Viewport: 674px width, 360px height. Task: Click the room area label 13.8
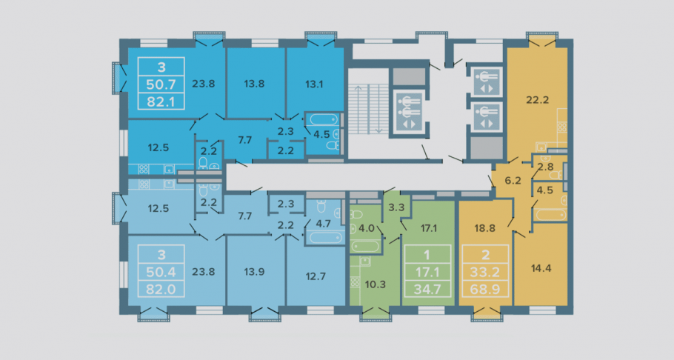(x=254, y=84)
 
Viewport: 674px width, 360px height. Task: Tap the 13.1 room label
(x=314, y=84)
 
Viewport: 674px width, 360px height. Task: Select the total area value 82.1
(x=161, y=101)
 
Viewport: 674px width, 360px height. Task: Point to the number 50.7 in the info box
(x=161, y=84)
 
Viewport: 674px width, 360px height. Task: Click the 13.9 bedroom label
(x=254, y=272)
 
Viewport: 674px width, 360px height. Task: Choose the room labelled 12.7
(x=316, y=276)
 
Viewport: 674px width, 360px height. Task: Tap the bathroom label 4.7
(x=323, y=223)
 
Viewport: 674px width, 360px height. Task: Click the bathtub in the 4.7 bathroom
(x=325, y=237)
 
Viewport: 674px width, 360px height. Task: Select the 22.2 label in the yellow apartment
(x=538, y=100)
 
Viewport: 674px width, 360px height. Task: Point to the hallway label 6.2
(x=513, y=181)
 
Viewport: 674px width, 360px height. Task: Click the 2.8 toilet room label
(x=545, y=167)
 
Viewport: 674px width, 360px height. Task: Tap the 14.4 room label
(x=541, y=268)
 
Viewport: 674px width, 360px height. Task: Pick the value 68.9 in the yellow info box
(x=485, y=289)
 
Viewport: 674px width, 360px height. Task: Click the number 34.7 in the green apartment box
(x=427, y=289)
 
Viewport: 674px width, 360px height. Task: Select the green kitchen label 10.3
(x=376, y=284)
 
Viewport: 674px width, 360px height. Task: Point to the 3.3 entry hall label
(x=396, y=207)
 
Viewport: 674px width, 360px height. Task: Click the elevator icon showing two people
(x=407, y=111)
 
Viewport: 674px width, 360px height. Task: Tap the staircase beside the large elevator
(x=368, y=109)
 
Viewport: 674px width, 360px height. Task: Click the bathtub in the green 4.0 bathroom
(x=365, y=246)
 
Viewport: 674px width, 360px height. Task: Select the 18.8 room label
(x=485, y=228)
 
